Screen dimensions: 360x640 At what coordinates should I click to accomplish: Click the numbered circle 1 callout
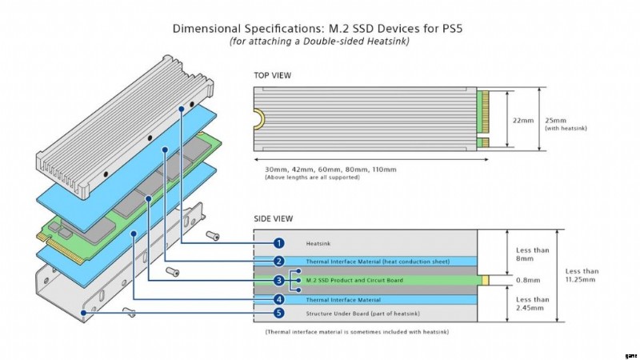tap(278, 242)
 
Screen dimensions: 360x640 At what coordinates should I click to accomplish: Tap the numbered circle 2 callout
tap(278, 262)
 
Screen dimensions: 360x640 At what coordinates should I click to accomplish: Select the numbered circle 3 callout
tap(278, 281)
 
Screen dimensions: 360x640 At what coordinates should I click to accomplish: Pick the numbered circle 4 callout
tap(278, 300)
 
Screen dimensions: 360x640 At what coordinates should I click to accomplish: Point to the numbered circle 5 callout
tap(278, 313)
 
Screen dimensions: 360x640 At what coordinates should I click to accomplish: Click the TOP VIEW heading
tap(272, 76)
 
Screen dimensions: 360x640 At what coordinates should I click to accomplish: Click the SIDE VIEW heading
tap(273, 218)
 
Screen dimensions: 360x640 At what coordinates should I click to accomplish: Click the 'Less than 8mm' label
tap(525, 252)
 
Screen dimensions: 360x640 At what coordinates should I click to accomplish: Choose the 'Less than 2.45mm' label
tap(526, 303)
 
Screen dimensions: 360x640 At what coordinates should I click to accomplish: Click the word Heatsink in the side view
tap(317, 242)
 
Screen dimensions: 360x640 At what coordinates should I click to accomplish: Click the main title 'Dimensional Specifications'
tap(318, 28)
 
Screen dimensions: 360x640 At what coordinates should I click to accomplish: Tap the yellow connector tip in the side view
tap(483, 281)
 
